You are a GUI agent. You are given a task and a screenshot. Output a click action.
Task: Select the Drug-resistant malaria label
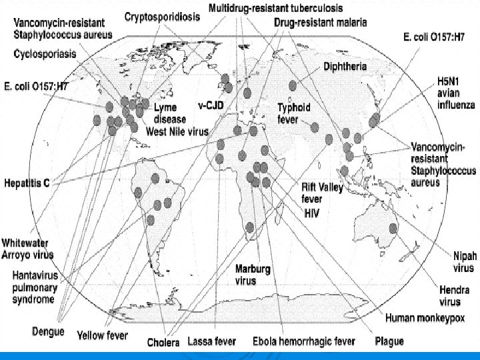click(320, 23)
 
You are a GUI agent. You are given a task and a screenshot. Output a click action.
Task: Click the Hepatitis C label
click(28, 181)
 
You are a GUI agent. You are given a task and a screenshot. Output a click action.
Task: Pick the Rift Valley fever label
click(322, 193)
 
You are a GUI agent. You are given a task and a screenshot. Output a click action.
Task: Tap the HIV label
click(313, 213)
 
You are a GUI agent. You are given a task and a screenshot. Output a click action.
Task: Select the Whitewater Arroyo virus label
click(27, 247)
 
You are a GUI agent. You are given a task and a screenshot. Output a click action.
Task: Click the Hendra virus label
click(454, 295)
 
